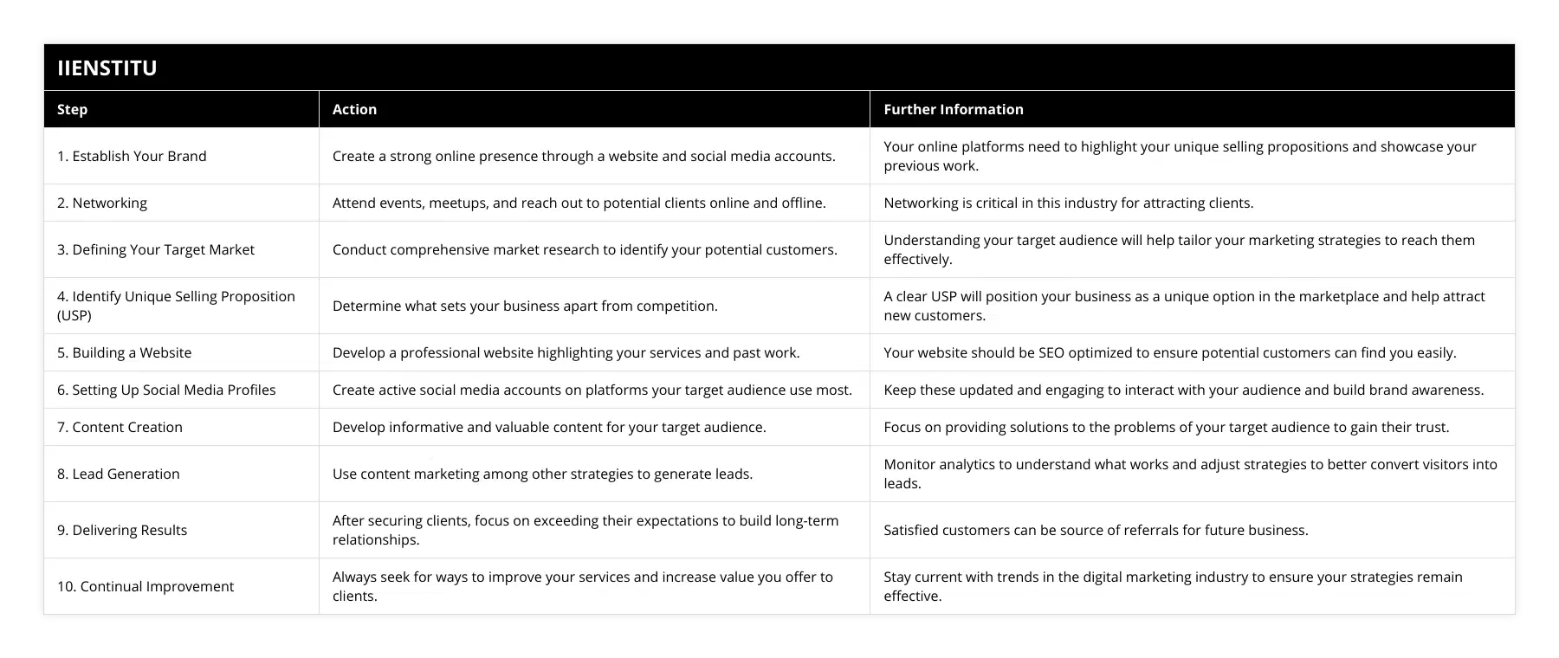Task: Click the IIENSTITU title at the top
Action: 107,68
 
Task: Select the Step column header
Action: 72,109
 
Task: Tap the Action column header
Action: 354,109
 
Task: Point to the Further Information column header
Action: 953,109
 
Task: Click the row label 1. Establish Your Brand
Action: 132,156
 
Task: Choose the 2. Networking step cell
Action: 102,203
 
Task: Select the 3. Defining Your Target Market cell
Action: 156,249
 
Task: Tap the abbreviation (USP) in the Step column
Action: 74,315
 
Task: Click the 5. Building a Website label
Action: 125,352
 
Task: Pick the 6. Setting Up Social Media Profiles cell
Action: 166,390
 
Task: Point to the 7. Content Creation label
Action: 120,427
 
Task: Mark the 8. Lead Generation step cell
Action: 119,474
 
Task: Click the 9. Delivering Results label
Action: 122,530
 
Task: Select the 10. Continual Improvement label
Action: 146,586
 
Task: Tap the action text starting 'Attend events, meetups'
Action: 579,203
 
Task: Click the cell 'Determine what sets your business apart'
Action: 525,306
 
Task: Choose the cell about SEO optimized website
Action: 1169,352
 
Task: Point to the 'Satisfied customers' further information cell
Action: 1096,530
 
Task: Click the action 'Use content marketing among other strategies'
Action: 542,474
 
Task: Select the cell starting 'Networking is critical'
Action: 1068,203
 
